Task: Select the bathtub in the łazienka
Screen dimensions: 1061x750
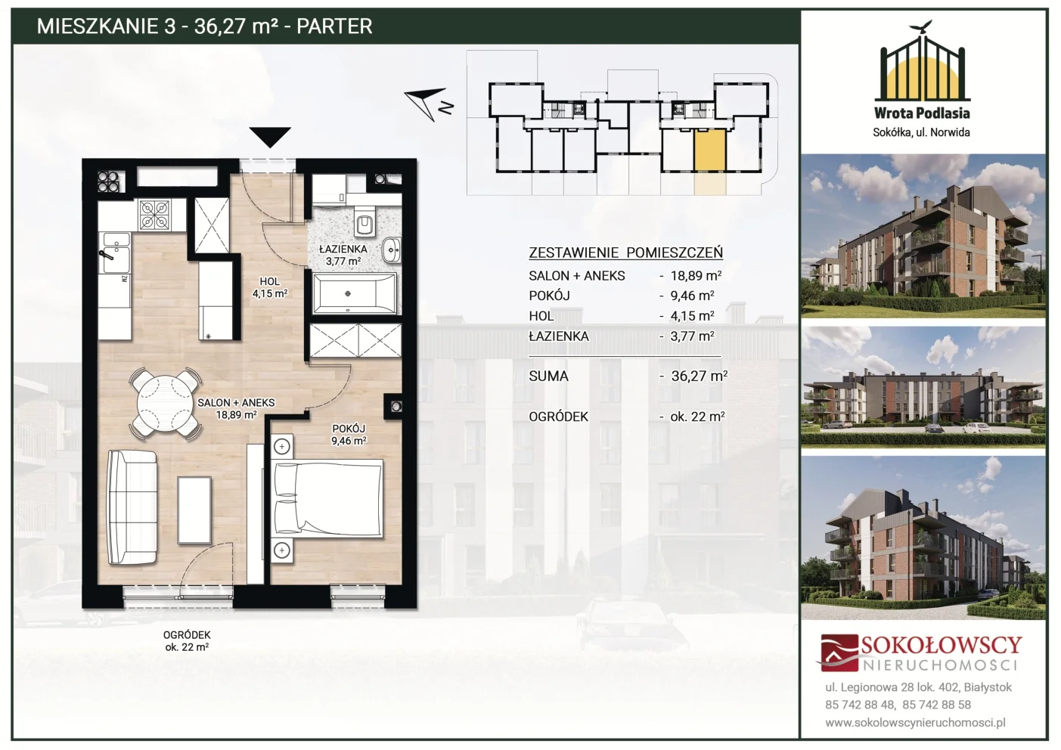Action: point(354,293)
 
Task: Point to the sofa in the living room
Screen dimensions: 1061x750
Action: point(132,507)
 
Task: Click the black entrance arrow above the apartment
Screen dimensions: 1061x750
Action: point(270,138)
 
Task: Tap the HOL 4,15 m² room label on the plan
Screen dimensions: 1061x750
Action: point(269,287)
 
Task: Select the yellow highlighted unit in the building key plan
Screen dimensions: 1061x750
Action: point(709,150)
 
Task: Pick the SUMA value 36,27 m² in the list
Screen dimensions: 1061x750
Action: point(699,376)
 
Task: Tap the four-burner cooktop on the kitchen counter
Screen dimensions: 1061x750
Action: point(155,215)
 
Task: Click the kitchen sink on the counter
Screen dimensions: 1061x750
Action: point(116,253)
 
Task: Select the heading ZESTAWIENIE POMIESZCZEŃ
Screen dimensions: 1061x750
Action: point(625,253)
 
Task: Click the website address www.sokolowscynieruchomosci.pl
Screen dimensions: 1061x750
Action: point(915,723)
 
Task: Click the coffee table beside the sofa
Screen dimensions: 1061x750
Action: point(194,510)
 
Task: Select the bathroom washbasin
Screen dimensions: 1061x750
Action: point(391,249)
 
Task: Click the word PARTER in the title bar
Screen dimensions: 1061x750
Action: point(334,26)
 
